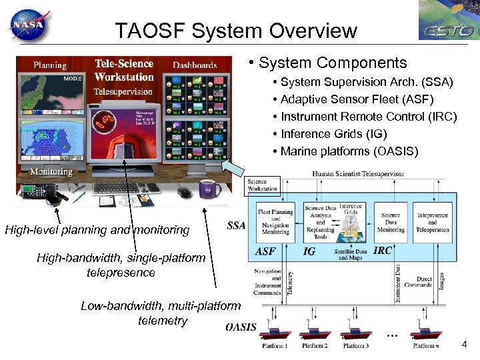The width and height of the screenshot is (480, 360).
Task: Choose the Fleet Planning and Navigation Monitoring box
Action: point(275,222)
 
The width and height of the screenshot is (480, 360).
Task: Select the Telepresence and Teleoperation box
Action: point(433,222)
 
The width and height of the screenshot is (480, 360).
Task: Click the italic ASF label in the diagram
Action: point(265,251)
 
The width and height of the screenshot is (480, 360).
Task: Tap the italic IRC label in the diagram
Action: point(383,250)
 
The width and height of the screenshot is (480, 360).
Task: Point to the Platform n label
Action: point(426,346)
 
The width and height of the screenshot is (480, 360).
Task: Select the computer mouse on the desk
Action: point(184,193)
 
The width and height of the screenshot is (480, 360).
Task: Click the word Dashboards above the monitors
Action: point(195,65)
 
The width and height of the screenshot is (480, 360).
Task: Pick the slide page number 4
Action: point(464,344)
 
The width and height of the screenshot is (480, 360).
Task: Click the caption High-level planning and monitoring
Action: point(97,231)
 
